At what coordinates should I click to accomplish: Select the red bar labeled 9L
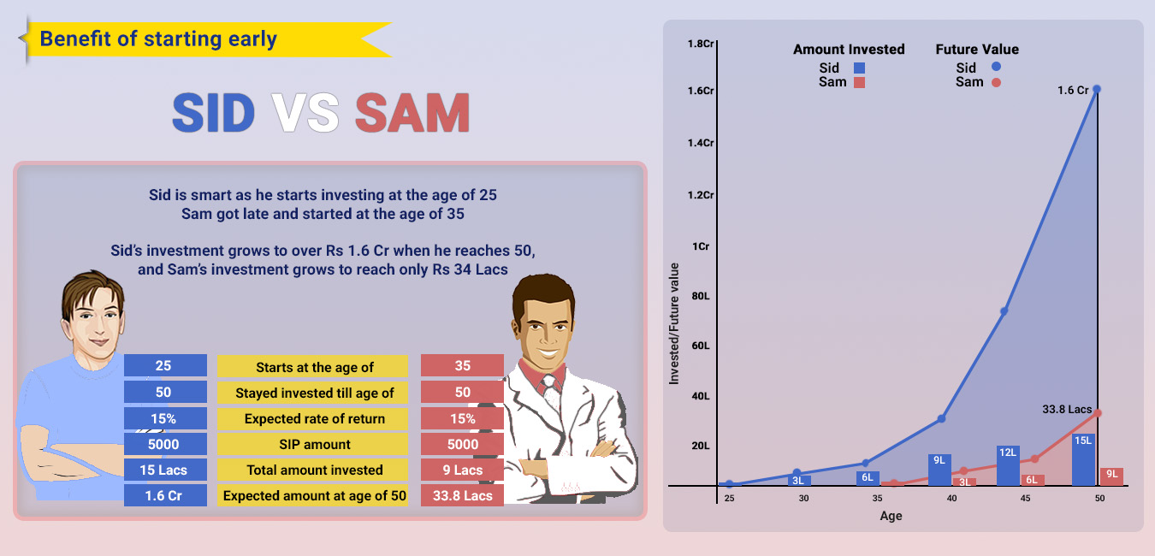point(1111,476)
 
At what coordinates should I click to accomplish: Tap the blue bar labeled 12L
point(1008,464)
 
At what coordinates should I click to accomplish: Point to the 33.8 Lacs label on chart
point(1068,410)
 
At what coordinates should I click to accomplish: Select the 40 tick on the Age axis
point(951,498)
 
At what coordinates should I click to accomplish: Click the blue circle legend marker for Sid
point(997,67)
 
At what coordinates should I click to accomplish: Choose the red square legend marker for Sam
point(860,82)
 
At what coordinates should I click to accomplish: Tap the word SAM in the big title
point(412,113)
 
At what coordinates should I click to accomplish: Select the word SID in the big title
point(213,113)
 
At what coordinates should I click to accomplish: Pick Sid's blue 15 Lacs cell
point(165,470)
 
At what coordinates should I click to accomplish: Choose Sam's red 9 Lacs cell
point(462,470)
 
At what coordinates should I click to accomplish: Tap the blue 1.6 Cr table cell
point(165,495)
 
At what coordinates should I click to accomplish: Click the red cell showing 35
point(462,366)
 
